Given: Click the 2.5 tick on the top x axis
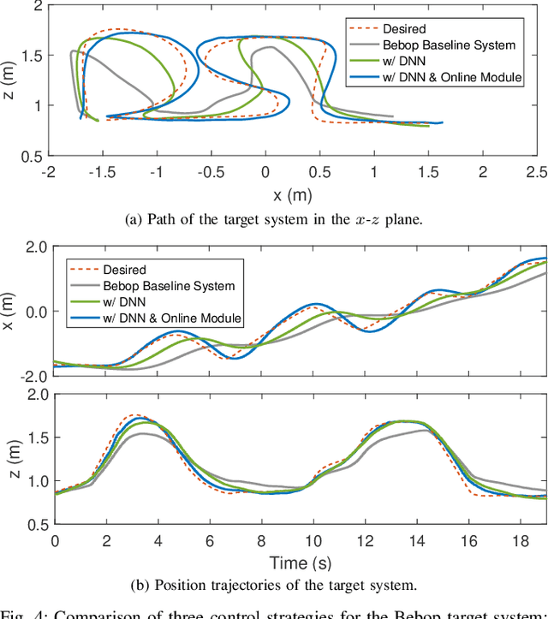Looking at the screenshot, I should [536, 172].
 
